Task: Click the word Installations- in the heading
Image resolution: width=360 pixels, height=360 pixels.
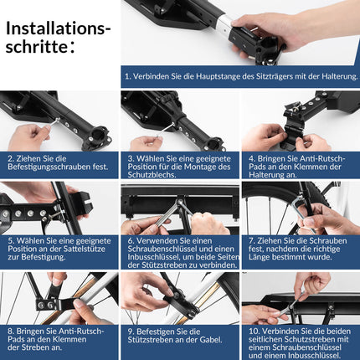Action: point(58,28)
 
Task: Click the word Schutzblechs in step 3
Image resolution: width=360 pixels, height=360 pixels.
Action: point(152,175)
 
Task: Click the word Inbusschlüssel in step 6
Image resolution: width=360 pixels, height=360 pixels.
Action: point(153,257)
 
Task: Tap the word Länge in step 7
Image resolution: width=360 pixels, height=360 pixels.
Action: point(259,257)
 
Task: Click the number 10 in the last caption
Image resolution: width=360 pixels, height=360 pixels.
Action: point(254,332)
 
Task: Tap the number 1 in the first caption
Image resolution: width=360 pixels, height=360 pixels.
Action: point(127,76)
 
